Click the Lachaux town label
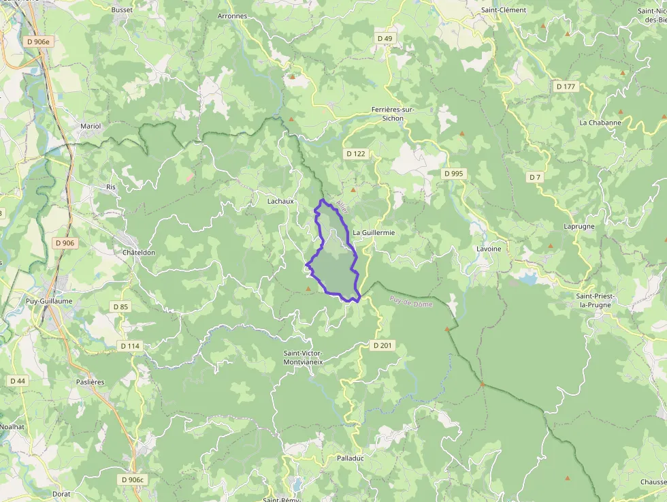pyautogui.click(x=280, y=201)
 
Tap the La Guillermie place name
pyautogui.click(x=374, y=232)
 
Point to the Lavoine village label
pyautogui.click(x=489, y=249)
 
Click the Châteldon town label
pyautogui.click(x=139, y=252)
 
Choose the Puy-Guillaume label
pyautogui.click(x=49, y=300)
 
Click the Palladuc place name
pyautogui.click(x=351, y=458)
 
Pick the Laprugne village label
pyautogui.click(x=579, y=226)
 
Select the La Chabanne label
pyautogui.click(x=600, y=123)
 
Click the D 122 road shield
pyautogui.click(x=356, y=154)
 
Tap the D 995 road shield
pyautogui.click(x=453, y=174)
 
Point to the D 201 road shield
pyautogui.click(x=383, y=345)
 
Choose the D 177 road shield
pyautogui.click(x=566, y=87)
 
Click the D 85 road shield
pyautogui.click(x=120, y=307)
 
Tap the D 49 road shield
pyautogui.click(x=385, y=39)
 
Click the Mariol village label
pyautogui.click(x=91, y=126)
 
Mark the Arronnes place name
pyautogui.click(x=232, y=16)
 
